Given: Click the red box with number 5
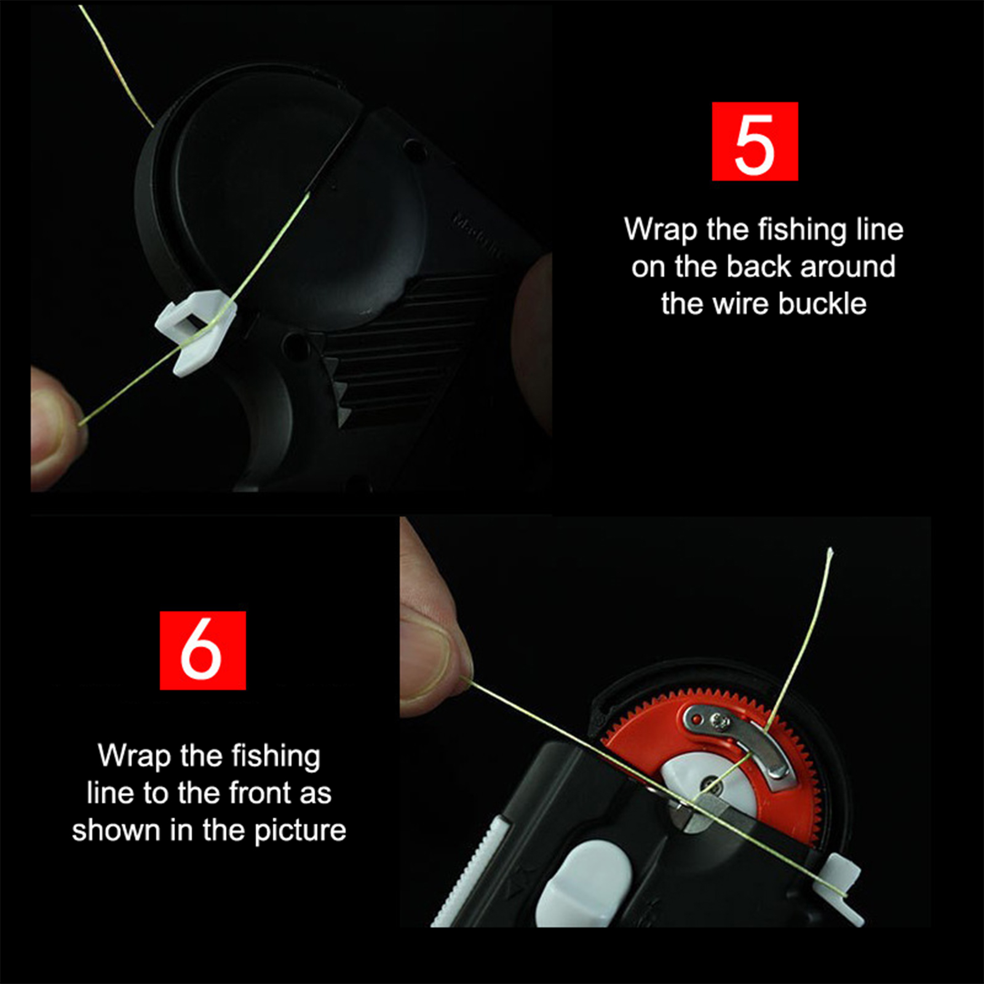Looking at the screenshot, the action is pyautogui.click(x=755, y=141).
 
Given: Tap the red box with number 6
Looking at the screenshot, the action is pyautogui.click(x=202, y=650).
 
